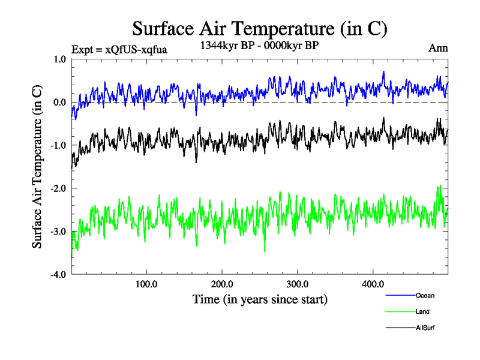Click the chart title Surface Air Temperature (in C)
coord(259,29)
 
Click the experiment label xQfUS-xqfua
coord(119,49)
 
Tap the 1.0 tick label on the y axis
coord(59,59)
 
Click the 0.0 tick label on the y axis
coord(59,102)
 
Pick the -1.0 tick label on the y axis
coord(58,145)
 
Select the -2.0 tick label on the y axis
coord(58,188)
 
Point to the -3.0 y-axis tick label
coord(58,232)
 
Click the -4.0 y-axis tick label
coord(58,275)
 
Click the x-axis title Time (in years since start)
coord(260,299)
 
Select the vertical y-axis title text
coord(37,167)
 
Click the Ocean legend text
coord(425,295)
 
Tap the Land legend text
coord(422,311)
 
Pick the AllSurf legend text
coord(425,328)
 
